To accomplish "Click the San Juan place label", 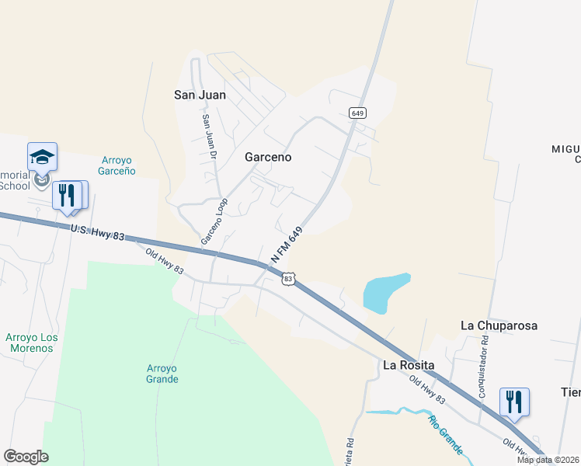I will (200, 95).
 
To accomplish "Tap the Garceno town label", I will (268, 156).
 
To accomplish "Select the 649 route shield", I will (357, 113).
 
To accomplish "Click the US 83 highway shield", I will (288, 278).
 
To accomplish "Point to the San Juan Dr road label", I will (208, 137).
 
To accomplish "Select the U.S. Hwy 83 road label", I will (96, 231).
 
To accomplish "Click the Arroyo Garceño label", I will (118, 165).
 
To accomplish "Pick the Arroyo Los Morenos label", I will (32, 343).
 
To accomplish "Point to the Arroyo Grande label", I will (162, 374).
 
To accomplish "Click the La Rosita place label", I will (408, 365).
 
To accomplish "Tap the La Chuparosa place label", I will (499, 325).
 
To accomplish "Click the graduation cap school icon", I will (42, 158).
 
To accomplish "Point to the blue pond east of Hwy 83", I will (385, 292).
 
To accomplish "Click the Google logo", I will (26, 456).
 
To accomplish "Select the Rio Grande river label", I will (445, 435).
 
